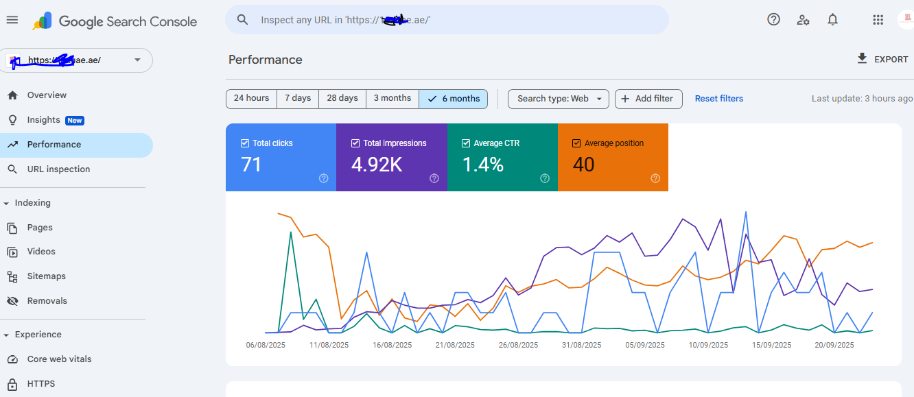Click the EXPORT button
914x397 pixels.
click(882, 60)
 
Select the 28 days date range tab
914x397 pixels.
click(342, 98)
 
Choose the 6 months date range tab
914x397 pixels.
click(454, 99)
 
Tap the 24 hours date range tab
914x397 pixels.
click(251, 98)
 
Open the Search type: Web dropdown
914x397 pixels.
click(559, 99)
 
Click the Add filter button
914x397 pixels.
click(648, 99)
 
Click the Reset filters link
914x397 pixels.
click(718, 99)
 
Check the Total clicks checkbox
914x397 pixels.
click(245, 143)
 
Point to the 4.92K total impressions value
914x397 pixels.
click(377, 165)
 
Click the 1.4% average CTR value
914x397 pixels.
click(482, 165)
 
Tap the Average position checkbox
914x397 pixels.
click(576, 143)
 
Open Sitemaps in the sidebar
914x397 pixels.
click(47, 276)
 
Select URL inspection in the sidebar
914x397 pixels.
click(58, 169)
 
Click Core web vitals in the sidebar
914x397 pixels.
click(59, 359)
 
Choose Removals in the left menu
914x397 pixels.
click(47, 301)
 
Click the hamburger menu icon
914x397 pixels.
click(12, 20)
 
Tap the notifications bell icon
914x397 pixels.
click(832, 19)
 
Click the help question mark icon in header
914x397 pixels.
click(773, 19)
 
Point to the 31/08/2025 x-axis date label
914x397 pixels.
click(582, 345)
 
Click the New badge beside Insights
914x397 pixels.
click(75, 121)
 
